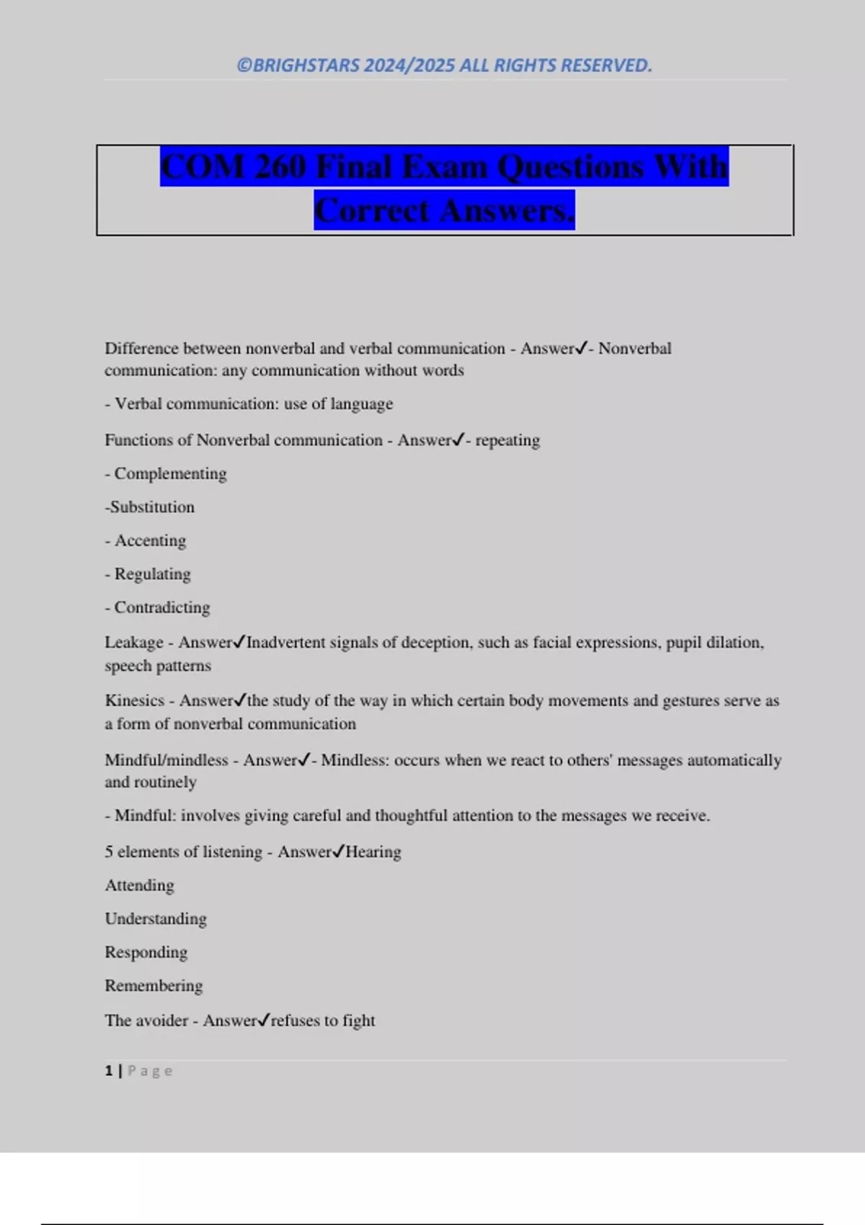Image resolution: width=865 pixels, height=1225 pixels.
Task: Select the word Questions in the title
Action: (x=570, y=167)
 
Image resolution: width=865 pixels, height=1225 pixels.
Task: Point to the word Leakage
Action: (x=134, y=642)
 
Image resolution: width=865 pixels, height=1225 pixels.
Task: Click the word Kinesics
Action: (x=135, y=700)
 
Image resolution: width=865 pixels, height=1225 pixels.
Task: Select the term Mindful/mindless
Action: (x=167, y=760)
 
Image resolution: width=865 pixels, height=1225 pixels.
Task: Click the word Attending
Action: (x=140, y=886)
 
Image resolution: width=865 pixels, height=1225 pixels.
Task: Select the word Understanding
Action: (x=156, y=919)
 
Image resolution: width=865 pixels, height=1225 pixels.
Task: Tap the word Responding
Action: (x=146, y=953)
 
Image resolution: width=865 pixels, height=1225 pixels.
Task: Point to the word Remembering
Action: (x=154, y=986)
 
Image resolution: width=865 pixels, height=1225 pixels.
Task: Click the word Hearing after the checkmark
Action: (x=373, y=852)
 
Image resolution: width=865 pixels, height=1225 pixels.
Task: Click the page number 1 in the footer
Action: (x=109, y=1071)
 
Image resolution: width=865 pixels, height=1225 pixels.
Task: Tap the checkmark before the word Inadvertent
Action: (x=240, y=641)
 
